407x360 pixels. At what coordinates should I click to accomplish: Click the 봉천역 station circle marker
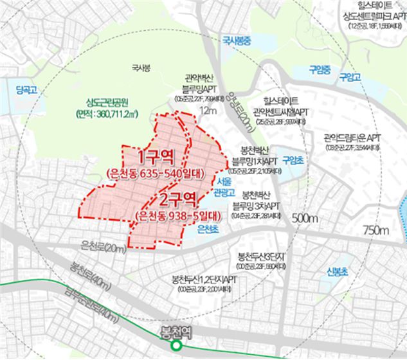[x=175, y=346]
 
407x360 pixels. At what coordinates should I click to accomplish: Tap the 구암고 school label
[x=350, y=77]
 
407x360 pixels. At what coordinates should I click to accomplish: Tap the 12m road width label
[x=208, y=111]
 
